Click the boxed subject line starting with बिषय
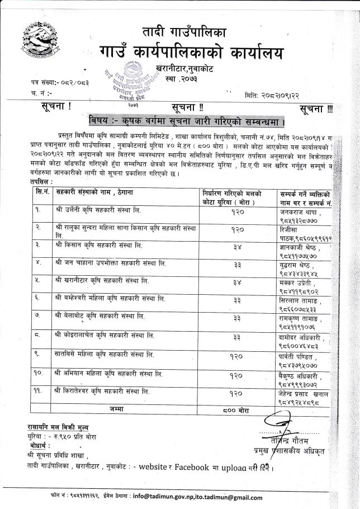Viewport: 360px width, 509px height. [187, 121]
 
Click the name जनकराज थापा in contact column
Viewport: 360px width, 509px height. [300, 211]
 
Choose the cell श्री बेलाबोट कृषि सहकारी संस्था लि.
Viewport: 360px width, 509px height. [100, 317]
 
